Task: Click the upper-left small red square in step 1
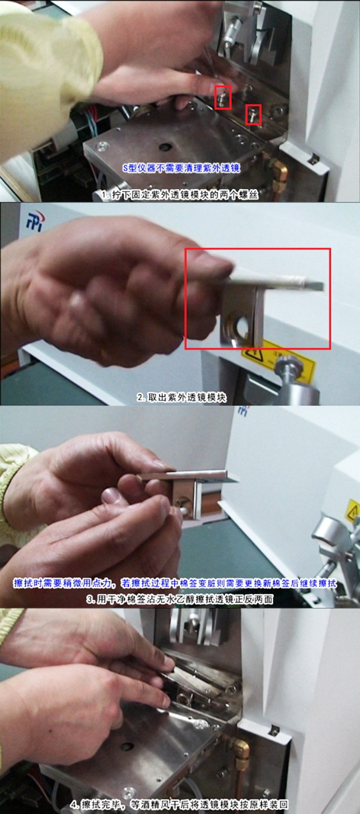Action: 223,97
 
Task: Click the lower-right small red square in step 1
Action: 253,114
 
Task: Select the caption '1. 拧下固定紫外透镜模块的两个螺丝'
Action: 179,195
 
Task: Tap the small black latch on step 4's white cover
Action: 275,731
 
